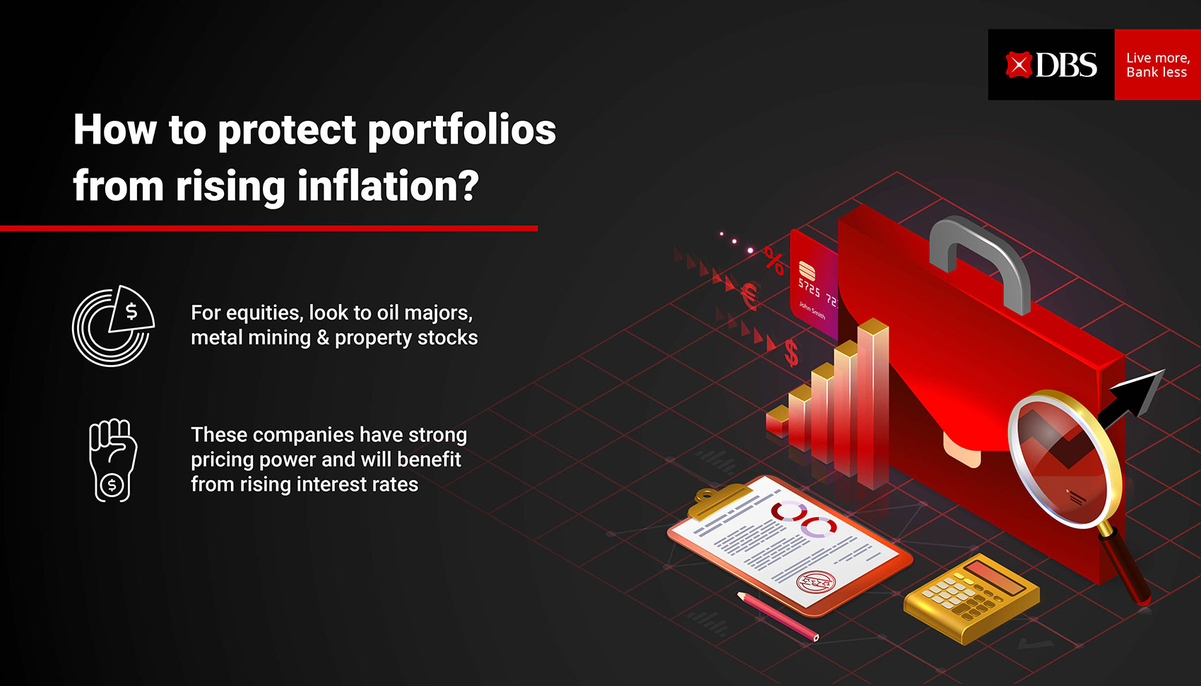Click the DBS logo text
point(1066,65)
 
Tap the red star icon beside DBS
point(1018,65)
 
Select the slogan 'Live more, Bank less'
point(1158,65)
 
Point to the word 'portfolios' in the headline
point(462,130)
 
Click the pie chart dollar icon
point(113,326)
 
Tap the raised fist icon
point(112,460)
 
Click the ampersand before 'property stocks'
point(323,337)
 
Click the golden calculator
point(971,598)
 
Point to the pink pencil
point(777,616)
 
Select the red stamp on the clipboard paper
point(815,581)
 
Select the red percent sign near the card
point(774,260)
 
